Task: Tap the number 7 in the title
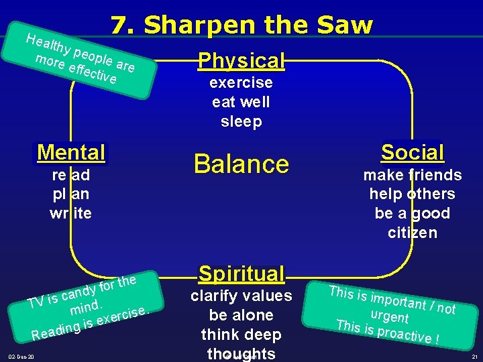point(119,25)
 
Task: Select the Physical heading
point(241,60)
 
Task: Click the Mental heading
point(71,152)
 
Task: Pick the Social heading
point(412,152)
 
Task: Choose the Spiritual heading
point(241,274)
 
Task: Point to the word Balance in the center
point(241,164)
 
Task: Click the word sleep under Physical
point(241,121)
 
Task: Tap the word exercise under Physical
point(241,82)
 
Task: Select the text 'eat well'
point(241,102)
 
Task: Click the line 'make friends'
point(412,175)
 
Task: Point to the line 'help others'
point(412,194)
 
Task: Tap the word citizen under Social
point(412,233)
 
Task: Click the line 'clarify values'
point(241,296)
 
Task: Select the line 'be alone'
point(241,315)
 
